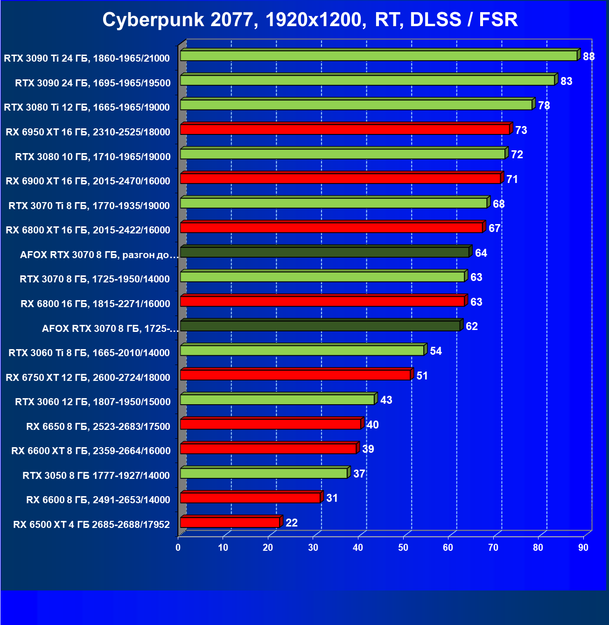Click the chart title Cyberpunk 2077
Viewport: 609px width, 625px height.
tap(310, 20)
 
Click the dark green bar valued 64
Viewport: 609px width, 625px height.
tap(324, 252)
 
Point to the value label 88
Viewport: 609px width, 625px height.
tap(588, 56)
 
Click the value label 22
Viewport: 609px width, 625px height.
tap(292, 523)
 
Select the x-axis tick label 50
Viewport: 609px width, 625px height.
tap(403, 548)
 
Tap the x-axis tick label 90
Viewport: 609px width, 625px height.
tap(583, 548)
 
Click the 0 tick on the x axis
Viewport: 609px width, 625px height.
tap(178, 548)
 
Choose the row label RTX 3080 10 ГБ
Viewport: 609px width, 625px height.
tap(92, 157)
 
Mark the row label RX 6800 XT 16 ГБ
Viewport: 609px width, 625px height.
tap(88, 230)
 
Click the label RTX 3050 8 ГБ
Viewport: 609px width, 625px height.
tap(96, 476)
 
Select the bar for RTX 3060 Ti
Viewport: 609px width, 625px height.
tap(302, 350)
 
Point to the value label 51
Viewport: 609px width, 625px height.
tap(422, 376)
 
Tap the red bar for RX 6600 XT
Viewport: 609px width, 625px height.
tap(268, 449)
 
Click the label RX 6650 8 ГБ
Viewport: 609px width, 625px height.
tap(98, 427)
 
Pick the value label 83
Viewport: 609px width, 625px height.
tap(566, 81)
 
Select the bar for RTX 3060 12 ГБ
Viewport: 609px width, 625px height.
tap(277, 400)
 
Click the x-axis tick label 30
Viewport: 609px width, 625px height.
tap(313, 548)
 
